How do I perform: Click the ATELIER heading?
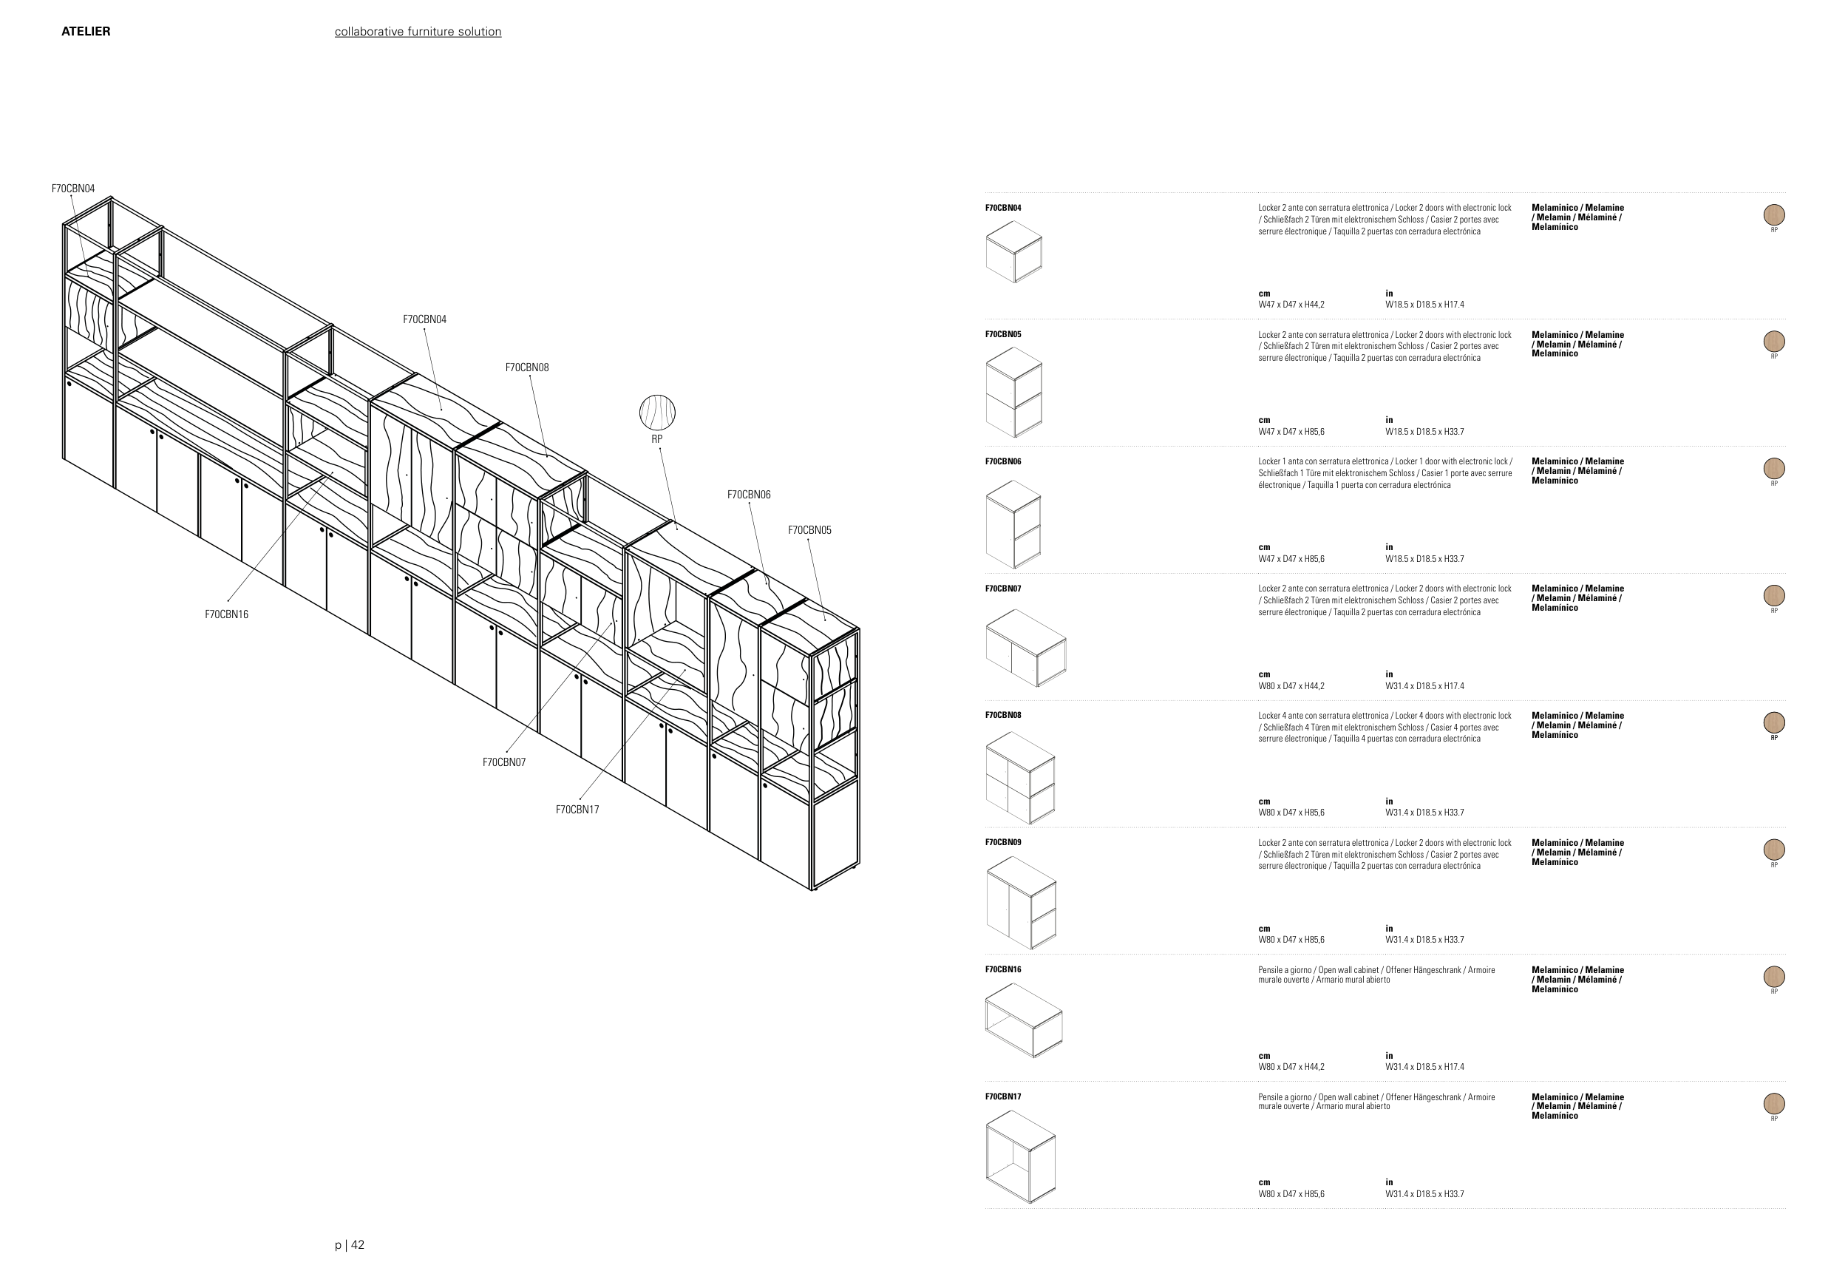point(86,32)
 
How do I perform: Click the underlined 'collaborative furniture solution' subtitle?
point(417,32)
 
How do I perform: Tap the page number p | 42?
point(350,1244)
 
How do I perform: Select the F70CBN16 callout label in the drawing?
point(227,614)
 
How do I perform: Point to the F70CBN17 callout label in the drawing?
point(577,810)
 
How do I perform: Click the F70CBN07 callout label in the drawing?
point(504,762)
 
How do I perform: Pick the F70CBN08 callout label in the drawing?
point(527,367)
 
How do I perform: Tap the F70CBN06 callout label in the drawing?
point(748,495)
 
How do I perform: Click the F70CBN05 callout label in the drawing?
point(809,530)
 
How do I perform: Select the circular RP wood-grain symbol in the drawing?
point(657,413)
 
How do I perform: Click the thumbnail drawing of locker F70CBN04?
point(1013,251)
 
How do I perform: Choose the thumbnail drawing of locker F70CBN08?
point(1020,777)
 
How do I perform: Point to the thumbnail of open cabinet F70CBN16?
point(1024,1020)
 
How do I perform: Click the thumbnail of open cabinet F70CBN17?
point(1021,1156)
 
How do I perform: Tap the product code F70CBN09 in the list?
point(1003,841)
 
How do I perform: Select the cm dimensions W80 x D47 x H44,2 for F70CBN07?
point(1291,685)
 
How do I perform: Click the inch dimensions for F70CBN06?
point(1424,559)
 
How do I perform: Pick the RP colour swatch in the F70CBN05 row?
point(1773,342)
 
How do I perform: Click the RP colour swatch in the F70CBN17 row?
point(1773,1104)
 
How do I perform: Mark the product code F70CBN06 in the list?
point(1003,461)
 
